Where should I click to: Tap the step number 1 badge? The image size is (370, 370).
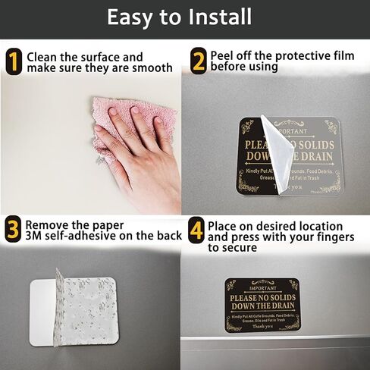tap(13, 61)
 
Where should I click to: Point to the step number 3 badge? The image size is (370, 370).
tap(13, 229)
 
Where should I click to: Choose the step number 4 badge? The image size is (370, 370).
tap(196, 230)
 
